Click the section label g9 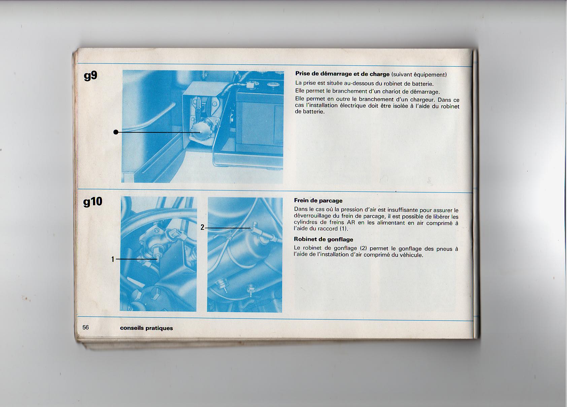[91, 76]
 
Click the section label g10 [93, 202]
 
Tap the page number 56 [86, 327]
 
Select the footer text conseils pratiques [146, 328]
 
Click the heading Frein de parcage [318, 200]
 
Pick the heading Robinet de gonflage [324, 239]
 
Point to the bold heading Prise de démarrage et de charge [342, 74]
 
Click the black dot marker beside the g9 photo [116, 132]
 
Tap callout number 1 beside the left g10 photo [113, 259]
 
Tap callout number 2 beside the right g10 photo [202, 227]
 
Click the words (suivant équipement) [419, 75]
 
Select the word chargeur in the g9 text [422, 100]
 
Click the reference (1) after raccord [343, 228]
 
